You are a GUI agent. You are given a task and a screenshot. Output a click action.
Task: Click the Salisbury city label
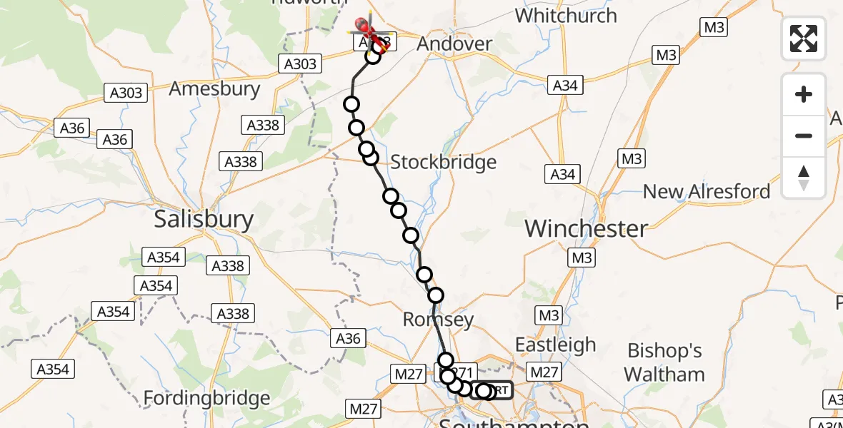click(204, 219)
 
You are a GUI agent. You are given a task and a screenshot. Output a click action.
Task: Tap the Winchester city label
click(587, 228)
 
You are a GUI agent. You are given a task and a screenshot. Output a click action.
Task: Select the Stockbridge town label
click(444, 162)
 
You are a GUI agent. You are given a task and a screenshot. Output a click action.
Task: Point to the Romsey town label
click(438, 319)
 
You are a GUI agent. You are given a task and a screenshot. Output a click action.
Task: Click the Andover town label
click(454, 44)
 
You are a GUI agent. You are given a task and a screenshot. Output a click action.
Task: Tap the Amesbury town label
click(214, 88)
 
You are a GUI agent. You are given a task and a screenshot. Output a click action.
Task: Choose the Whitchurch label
click(565, 15)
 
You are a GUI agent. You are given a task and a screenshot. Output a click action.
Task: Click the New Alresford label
click(707, 191)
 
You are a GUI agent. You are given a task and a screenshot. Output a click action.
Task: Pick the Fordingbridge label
click(207, 397)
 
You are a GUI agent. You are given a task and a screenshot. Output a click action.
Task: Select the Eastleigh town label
click(555, 345)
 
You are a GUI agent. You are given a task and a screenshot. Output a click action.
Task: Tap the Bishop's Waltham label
click(664, 362)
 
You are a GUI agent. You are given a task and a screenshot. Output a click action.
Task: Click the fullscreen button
click(804, 39)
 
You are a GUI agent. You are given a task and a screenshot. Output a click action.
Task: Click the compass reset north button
click(804, 178)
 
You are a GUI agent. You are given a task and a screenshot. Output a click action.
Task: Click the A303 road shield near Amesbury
click(127, 92)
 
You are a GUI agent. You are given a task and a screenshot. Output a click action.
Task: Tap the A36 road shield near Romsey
click(349, 339)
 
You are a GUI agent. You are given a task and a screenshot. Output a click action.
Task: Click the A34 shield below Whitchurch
click(564, 86)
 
